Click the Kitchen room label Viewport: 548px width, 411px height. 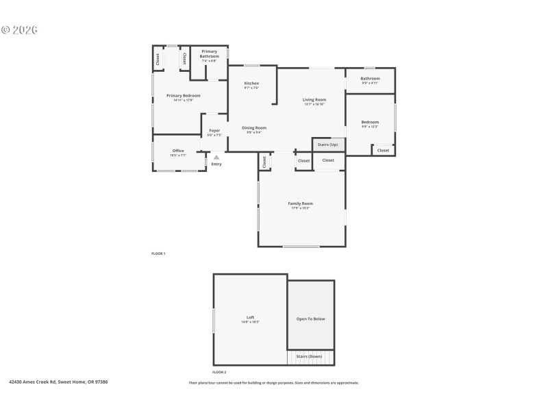pos(251,84)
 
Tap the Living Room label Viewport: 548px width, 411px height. pos(314,100)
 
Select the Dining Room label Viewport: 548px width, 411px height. pos(254,127)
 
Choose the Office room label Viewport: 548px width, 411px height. pos(178,151)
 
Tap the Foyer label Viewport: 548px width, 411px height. pos(214,130)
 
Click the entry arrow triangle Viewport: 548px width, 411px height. pos(216,157)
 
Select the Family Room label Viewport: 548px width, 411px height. pos(301,203)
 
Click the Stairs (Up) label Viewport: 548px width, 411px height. pos(328,145)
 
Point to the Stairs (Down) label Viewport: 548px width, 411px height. pos(309,356)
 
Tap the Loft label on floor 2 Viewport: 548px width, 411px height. pos(251,317)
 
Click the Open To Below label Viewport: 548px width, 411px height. pos(310,319)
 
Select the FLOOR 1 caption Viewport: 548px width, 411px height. pos(158,253)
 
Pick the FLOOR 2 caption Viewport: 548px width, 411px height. pos(219,372)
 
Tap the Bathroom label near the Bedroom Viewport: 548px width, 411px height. pos(370,79)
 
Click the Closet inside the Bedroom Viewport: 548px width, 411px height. pos(383,150)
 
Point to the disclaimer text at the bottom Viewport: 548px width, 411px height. pos(273,383)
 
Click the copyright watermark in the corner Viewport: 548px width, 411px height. pos(19,29)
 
